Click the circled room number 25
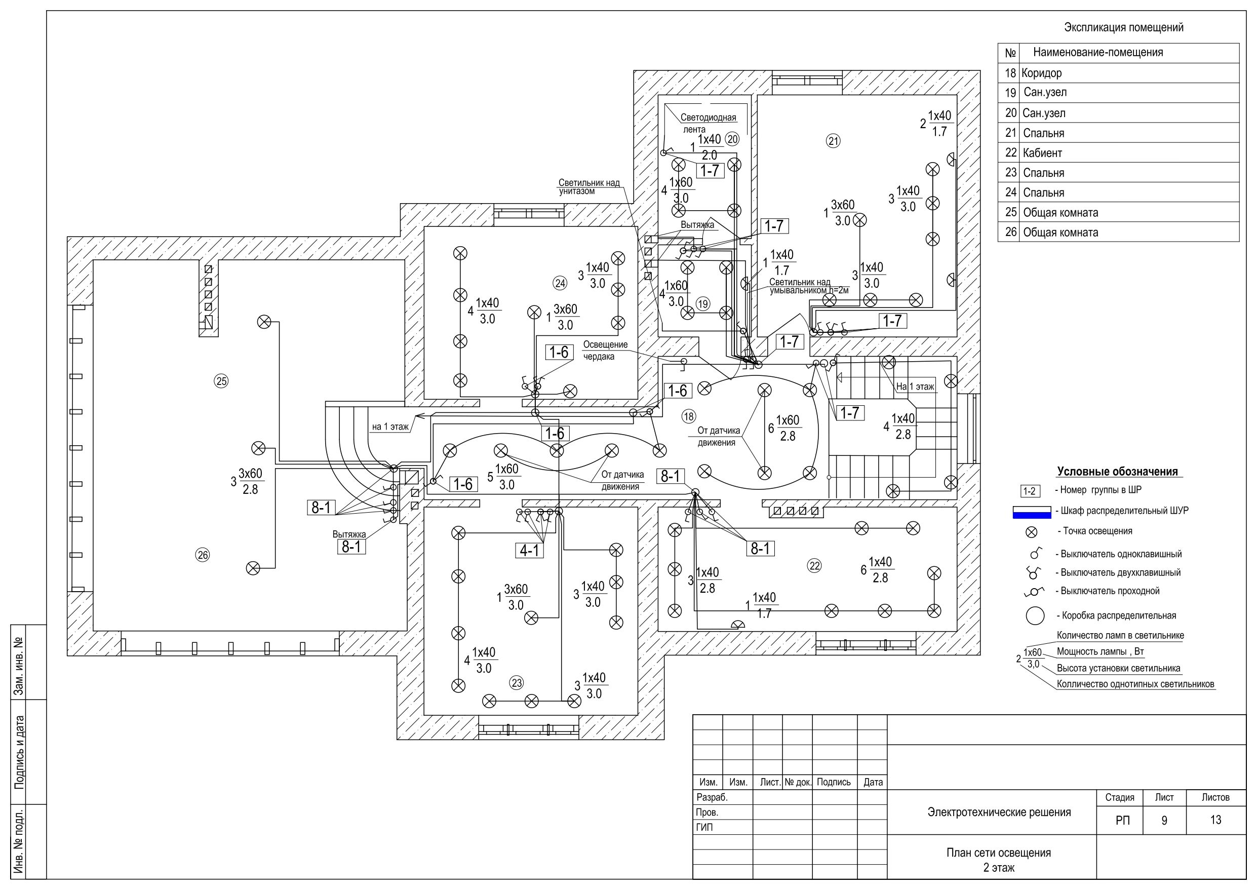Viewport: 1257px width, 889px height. click(x=221, y=381)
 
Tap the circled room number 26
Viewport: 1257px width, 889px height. click(x=203, y=555)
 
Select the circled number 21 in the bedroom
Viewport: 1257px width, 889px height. click(x=833, y=141)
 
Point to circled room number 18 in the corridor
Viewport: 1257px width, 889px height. click(x=689, y=416)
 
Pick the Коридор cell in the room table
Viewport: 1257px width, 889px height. click(x=1041, y=73)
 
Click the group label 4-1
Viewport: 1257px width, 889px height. click(x=529, y=550)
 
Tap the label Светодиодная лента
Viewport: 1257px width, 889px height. click(x=709, y=123)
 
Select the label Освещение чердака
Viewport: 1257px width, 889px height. click(x=605, y=351)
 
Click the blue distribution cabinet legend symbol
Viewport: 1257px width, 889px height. click(x=1032, y=512)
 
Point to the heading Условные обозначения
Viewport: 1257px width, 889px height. click(x=1117, y=472)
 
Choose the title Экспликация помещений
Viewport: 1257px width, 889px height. click(x=1123, y=27)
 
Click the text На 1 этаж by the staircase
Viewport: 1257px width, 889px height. click(x=915, y=386)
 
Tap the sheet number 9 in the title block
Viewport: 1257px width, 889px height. click(x=1164, y=820)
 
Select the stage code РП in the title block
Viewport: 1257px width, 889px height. click(x=1122, y=820)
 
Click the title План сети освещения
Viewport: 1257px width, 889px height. click(x=999, y=853)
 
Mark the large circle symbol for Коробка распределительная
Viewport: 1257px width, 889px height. click(x=1035, y=615)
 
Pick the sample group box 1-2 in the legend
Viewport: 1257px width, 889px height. click(x=1029, y=491)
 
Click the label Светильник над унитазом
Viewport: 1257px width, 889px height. click(x=589, y=187)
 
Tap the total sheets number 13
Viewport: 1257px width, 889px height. click(x=1215, y=820)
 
